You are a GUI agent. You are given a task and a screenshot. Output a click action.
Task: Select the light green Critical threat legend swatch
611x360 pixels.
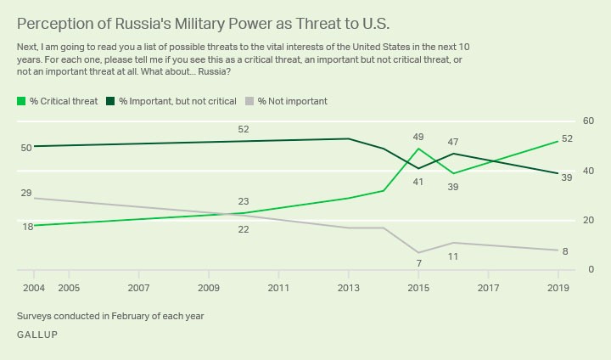[x=21, y=101]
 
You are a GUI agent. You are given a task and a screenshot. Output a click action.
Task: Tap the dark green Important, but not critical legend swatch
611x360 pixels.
[x=110, y=101]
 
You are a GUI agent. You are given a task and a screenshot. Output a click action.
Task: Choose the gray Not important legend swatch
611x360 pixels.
[x=250, y=101]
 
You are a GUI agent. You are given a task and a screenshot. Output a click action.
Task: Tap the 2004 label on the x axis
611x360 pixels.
[x=33, y=289]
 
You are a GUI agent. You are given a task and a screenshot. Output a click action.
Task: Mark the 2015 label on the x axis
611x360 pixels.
[x=418, y=289]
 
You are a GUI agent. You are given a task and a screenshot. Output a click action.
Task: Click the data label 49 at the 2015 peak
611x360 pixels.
[x=418, y=137]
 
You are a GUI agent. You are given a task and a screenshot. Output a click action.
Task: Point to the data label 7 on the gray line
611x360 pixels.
[x=418, y=264]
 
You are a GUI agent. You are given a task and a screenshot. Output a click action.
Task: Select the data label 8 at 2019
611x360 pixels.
[x=566, y=251]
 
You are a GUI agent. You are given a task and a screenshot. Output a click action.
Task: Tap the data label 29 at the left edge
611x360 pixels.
[x=26, y=194]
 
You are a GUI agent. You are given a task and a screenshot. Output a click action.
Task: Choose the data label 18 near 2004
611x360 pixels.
[x=28, y=227]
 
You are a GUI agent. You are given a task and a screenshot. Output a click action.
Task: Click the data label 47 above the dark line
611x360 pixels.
[x=453, y=142]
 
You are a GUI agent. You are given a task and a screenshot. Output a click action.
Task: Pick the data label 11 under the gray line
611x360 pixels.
[x=453, y=256]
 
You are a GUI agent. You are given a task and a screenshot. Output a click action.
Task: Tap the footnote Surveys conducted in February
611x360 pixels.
[x=109, y=317]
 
